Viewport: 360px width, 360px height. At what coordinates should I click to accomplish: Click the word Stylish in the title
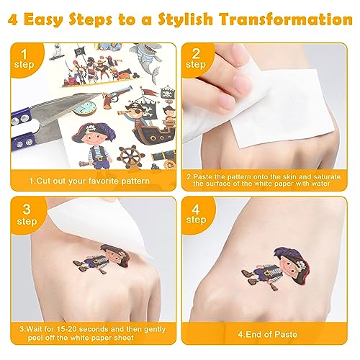(186, 19)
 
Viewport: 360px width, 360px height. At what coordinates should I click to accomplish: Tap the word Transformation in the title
(286, 19)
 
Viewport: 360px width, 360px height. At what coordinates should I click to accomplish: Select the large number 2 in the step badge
(196, 53)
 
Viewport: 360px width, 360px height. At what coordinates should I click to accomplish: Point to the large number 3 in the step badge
(27, 210)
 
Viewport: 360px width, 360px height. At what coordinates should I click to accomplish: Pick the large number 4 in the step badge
(196, 210)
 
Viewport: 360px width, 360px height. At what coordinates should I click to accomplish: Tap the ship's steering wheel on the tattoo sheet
(130, 157)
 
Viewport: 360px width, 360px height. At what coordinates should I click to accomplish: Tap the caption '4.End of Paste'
(268, 334)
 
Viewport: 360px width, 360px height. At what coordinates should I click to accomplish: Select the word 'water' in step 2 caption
(318, 184)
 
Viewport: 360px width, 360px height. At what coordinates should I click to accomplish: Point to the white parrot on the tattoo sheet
(56, 53)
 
